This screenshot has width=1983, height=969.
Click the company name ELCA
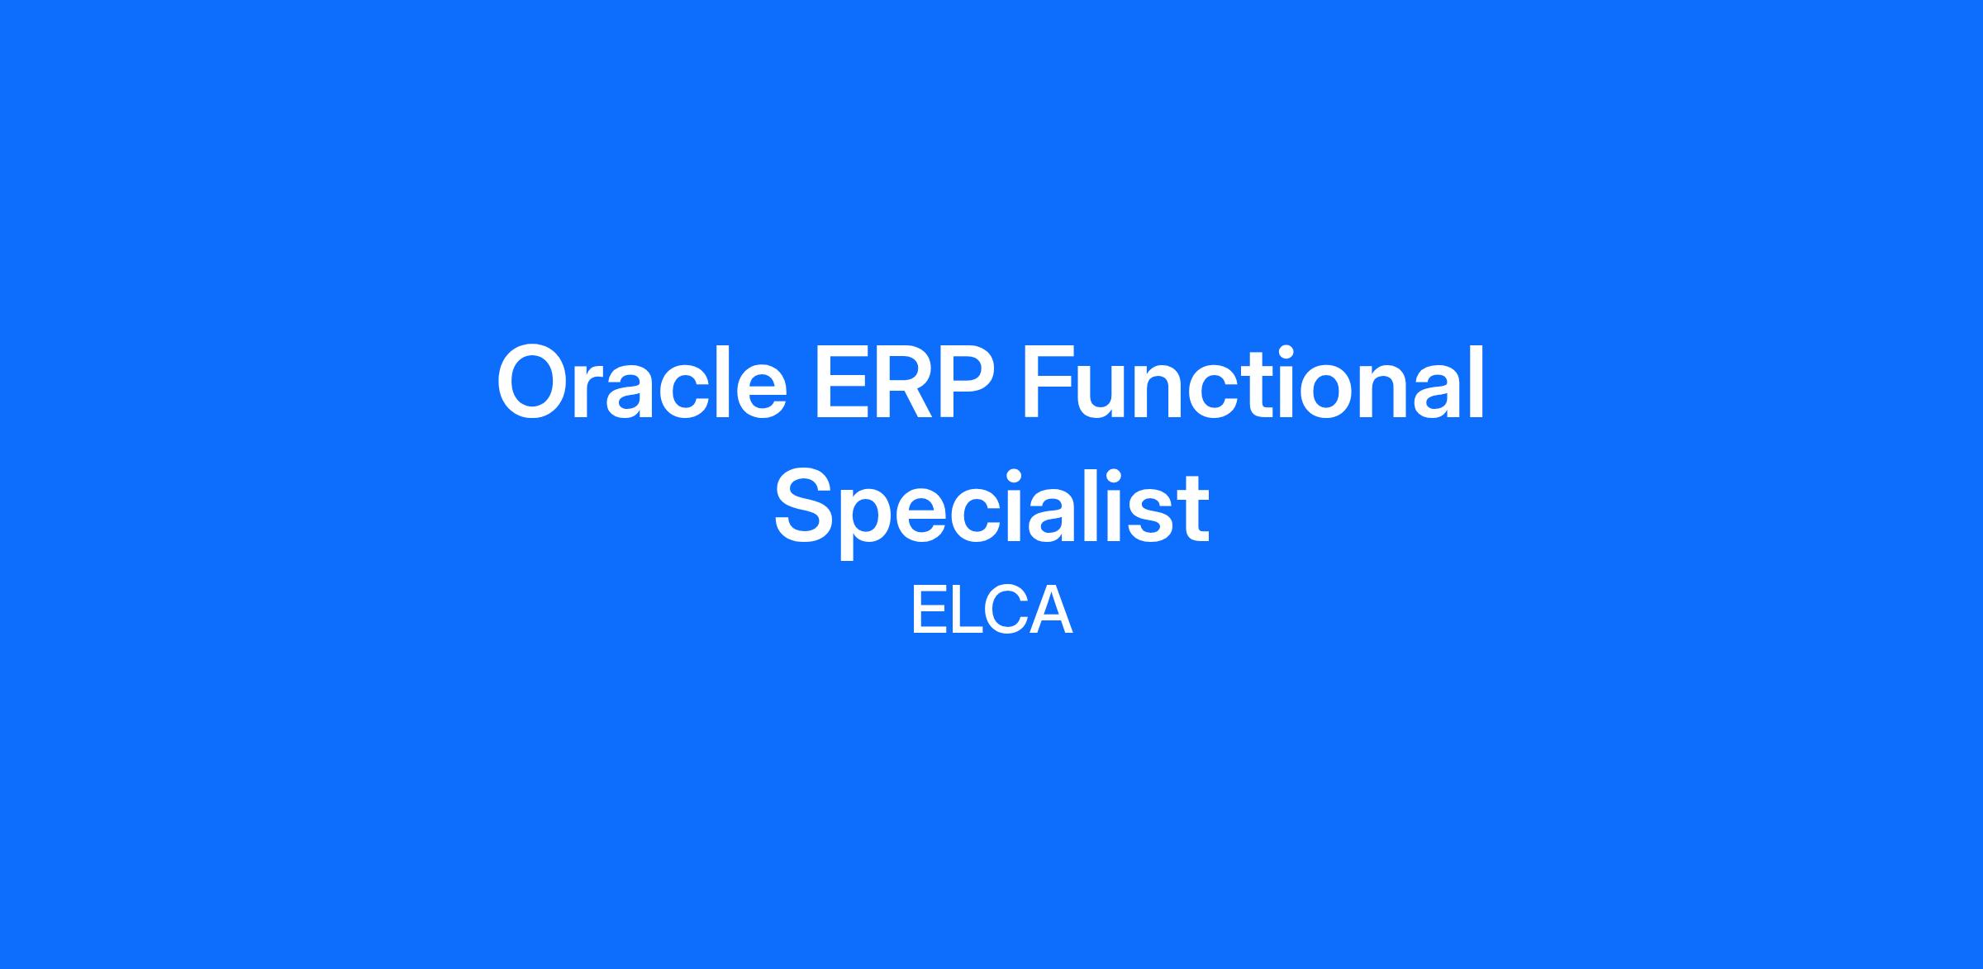tap(991, 611)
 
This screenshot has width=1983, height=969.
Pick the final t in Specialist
tap(1193, 513)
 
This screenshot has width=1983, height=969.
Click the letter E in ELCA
tap(929, 611)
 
